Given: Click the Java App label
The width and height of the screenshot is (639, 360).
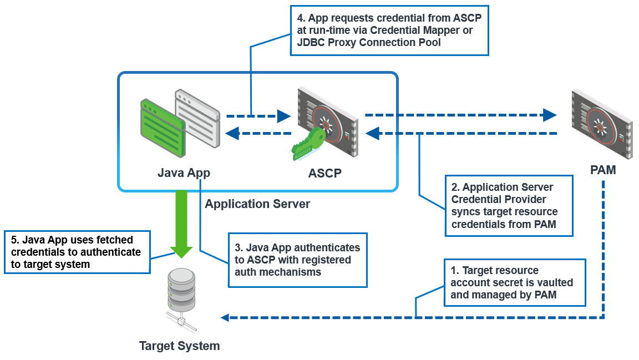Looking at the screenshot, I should click(184, 173).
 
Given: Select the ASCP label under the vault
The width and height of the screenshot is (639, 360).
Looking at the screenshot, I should click(324, 173).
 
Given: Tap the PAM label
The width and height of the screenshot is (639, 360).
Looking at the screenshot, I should click(602, 170).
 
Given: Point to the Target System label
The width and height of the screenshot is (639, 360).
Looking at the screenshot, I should click(179, 346).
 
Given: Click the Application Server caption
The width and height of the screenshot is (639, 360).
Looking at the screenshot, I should click(257, 204).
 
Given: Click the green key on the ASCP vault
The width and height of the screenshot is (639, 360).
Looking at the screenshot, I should click(308, 143).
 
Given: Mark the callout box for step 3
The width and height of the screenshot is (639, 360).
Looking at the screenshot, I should click(298, 260).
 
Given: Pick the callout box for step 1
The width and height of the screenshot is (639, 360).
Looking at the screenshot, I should click(514, 282).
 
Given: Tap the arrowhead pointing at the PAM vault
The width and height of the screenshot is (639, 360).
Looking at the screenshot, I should click(550, 115).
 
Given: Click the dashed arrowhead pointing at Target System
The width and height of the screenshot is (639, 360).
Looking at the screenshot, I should click(225, 318).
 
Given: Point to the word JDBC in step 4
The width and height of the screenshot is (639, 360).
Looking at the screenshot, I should click(309, 42).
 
